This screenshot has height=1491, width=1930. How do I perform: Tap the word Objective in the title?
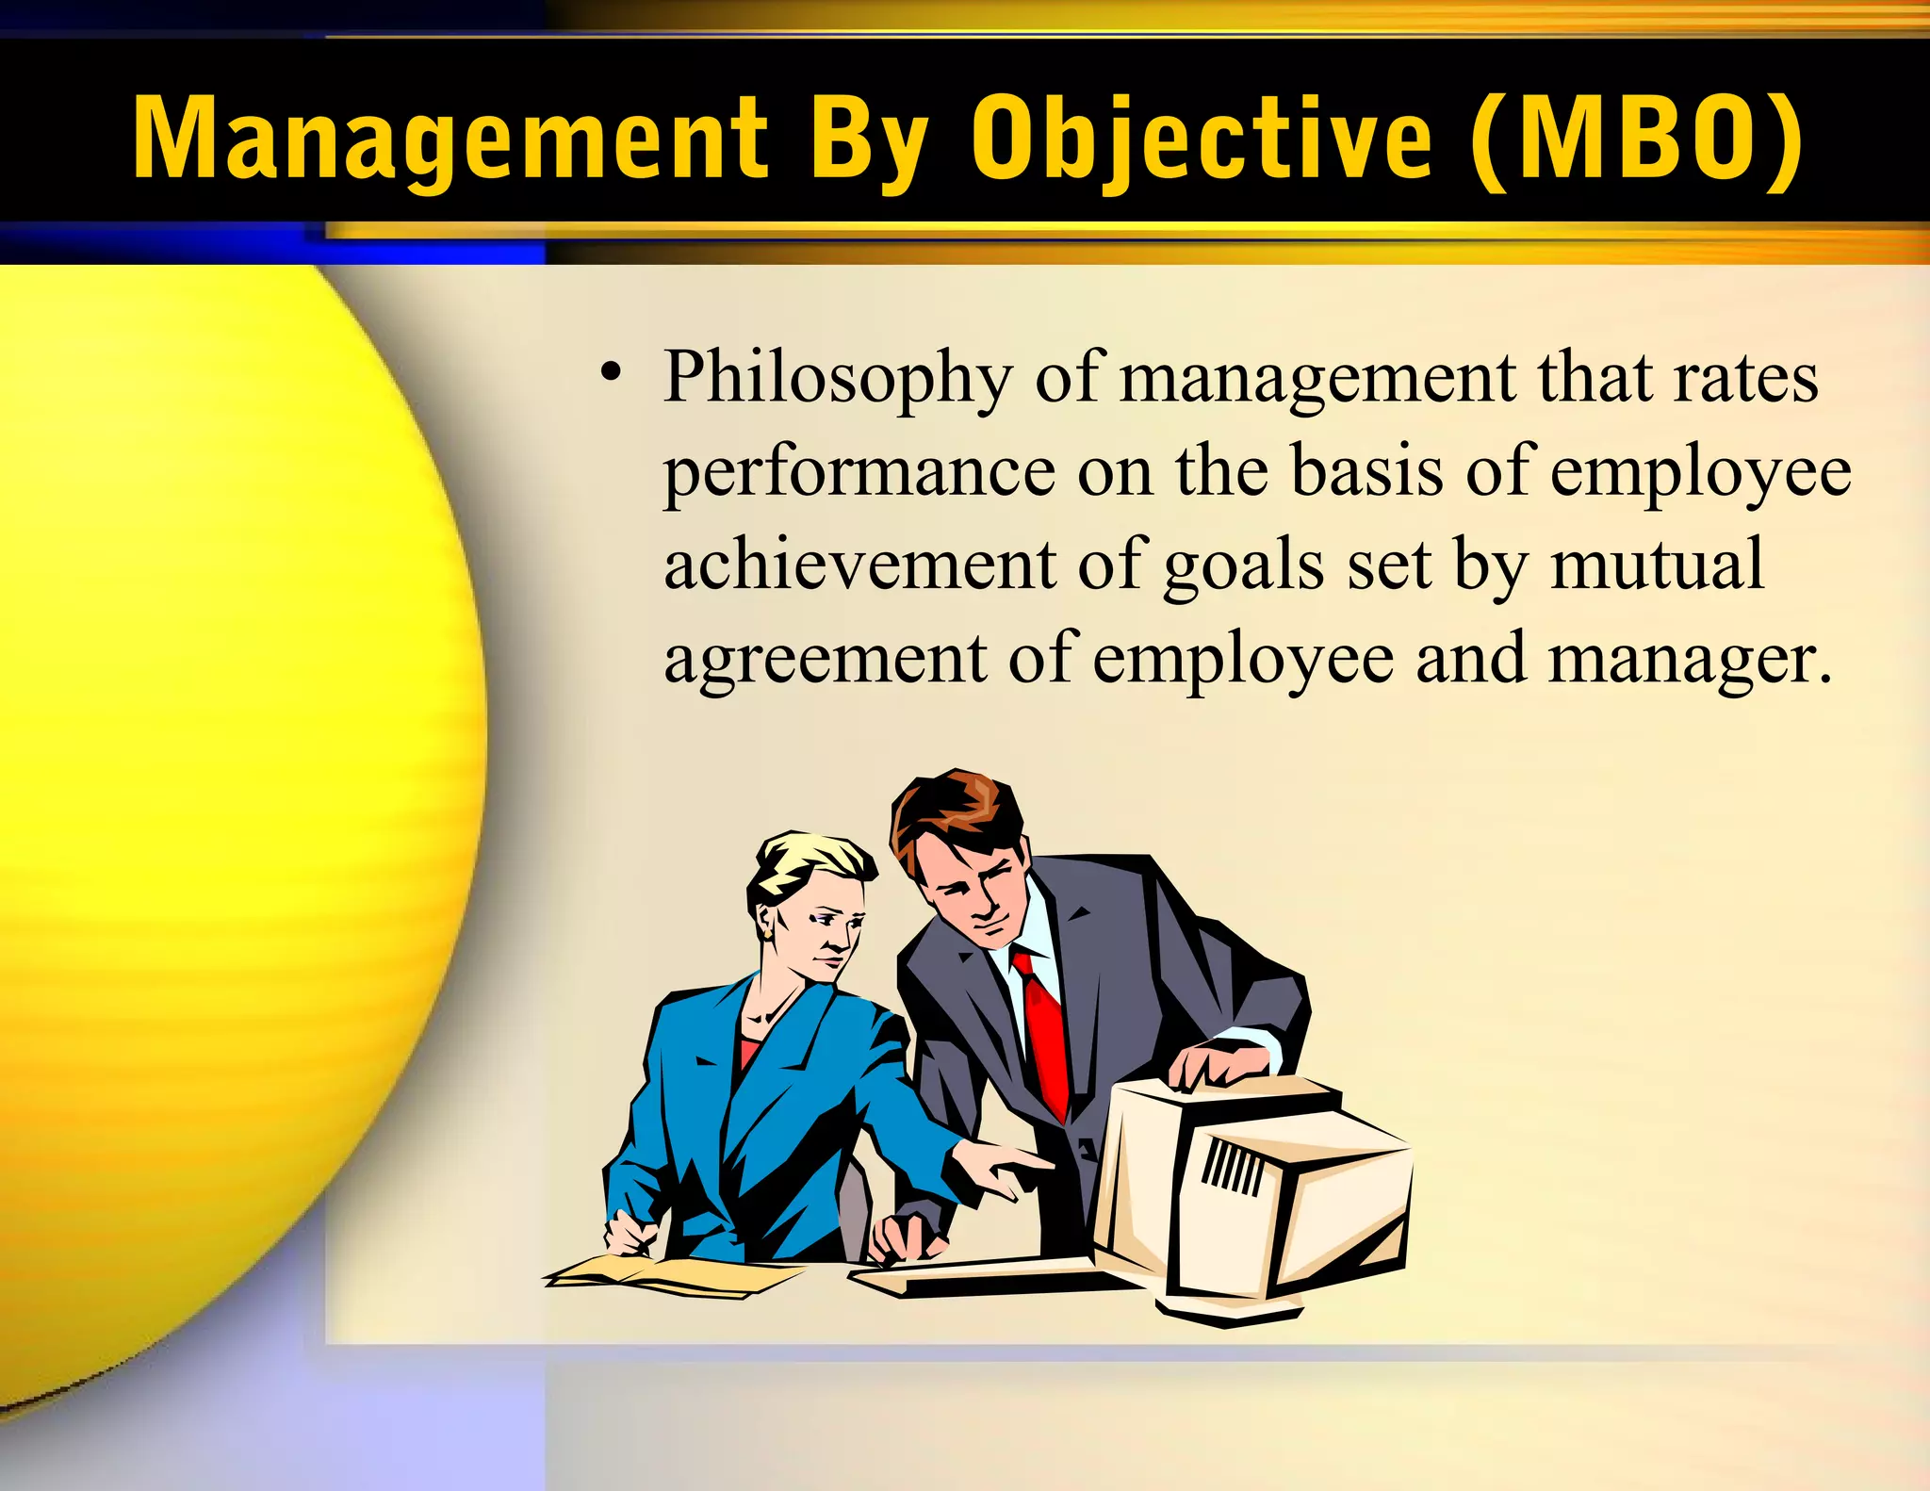1202,139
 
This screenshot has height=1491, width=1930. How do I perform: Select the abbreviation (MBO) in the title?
1638,139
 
